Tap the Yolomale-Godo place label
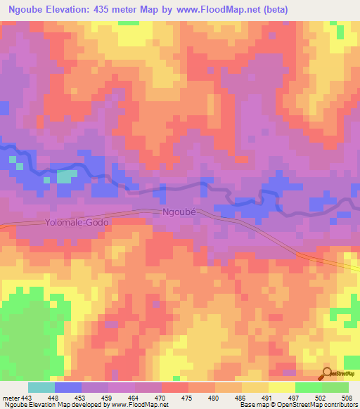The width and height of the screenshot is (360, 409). (77, 222)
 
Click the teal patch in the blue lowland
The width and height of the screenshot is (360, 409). (66, 176)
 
